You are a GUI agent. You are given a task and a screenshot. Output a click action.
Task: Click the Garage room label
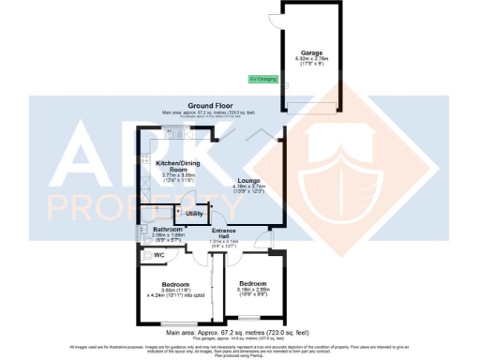[311, 52]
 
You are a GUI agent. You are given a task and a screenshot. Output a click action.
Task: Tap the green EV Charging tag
[262, 79]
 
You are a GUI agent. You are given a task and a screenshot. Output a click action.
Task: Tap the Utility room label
[194, 214]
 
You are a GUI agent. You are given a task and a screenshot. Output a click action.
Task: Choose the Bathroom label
[155, 229]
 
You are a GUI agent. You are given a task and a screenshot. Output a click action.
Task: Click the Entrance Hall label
[224, 233]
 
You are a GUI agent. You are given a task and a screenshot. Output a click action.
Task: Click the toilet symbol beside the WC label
[147, 253]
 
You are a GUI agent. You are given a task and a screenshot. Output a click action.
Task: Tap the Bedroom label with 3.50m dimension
[175, 284]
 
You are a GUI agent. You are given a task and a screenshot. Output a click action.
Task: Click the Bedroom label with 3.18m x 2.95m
[252, 283]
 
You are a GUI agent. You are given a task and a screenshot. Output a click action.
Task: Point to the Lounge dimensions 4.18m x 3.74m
[248, 187]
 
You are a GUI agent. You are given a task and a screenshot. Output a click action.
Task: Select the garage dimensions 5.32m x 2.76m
[311, 59]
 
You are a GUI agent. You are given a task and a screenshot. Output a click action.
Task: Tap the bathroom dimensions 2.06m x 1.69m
[155, 235]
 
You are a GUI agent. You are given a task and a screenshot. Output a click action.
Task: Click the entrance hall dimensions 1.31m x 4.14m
[224, 242]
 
